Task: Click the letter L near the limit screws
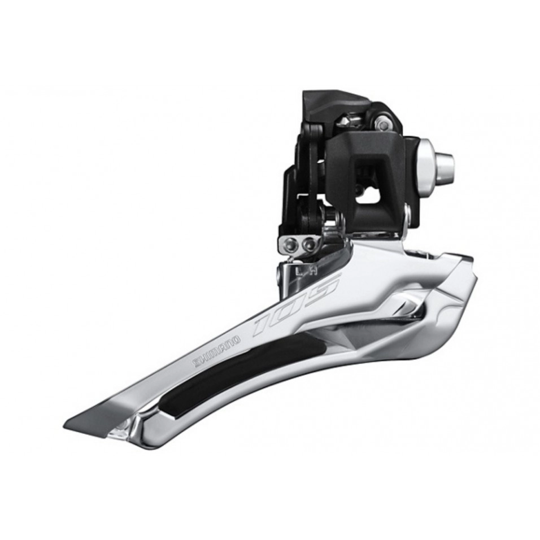[x=299, y=271]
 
